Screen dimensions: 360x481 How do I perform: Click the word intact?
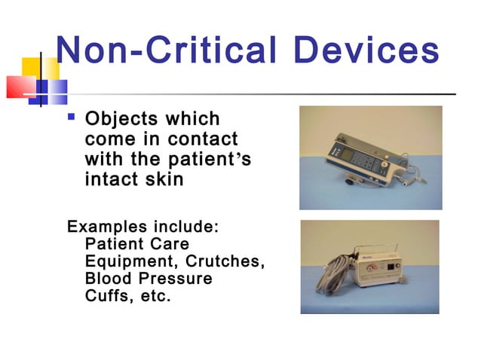tap(112, 180)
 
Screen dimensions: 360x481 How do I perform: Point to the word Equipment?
tap(129, 261)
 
